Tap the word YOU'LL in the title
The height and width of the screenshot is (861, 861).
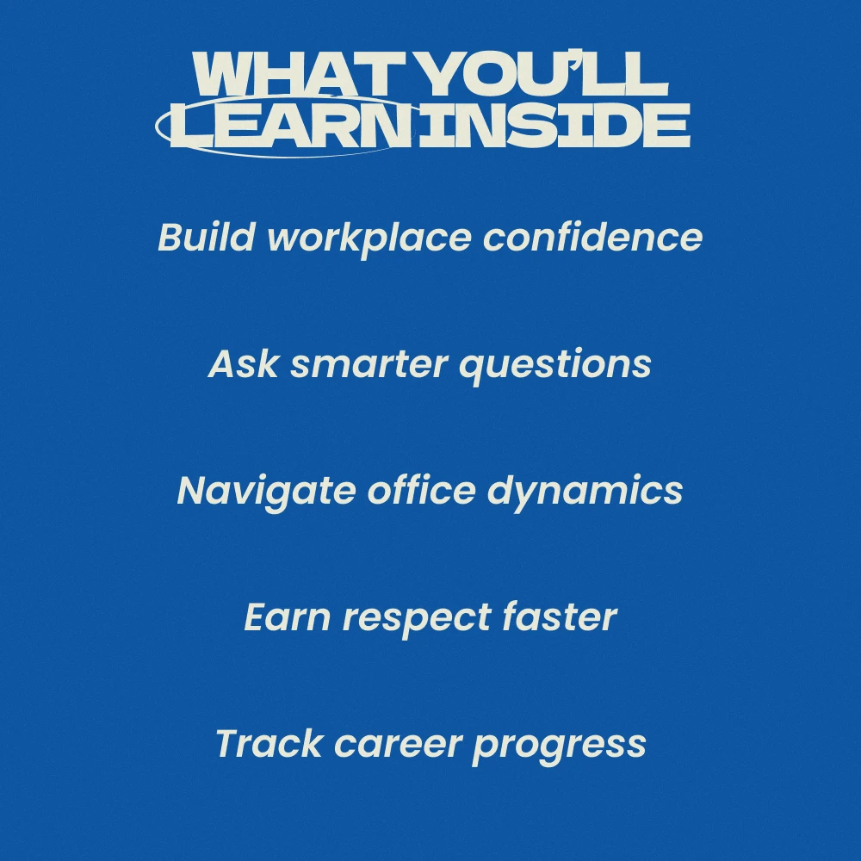point(543,73)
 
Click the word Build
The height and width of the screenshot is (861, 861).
point(207,237)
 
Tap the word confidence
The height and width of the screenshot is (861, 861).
point(592,237)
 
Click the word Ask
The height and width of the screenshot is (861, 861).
point(244,363)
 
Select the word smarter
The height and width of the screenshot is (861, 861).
point(369,364)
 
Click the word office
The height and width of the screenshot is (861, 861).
point(421,490)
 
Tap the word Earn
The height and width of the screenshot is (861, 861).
point(288,616)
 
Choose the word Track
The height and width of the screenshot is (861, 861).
point(269,744)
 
